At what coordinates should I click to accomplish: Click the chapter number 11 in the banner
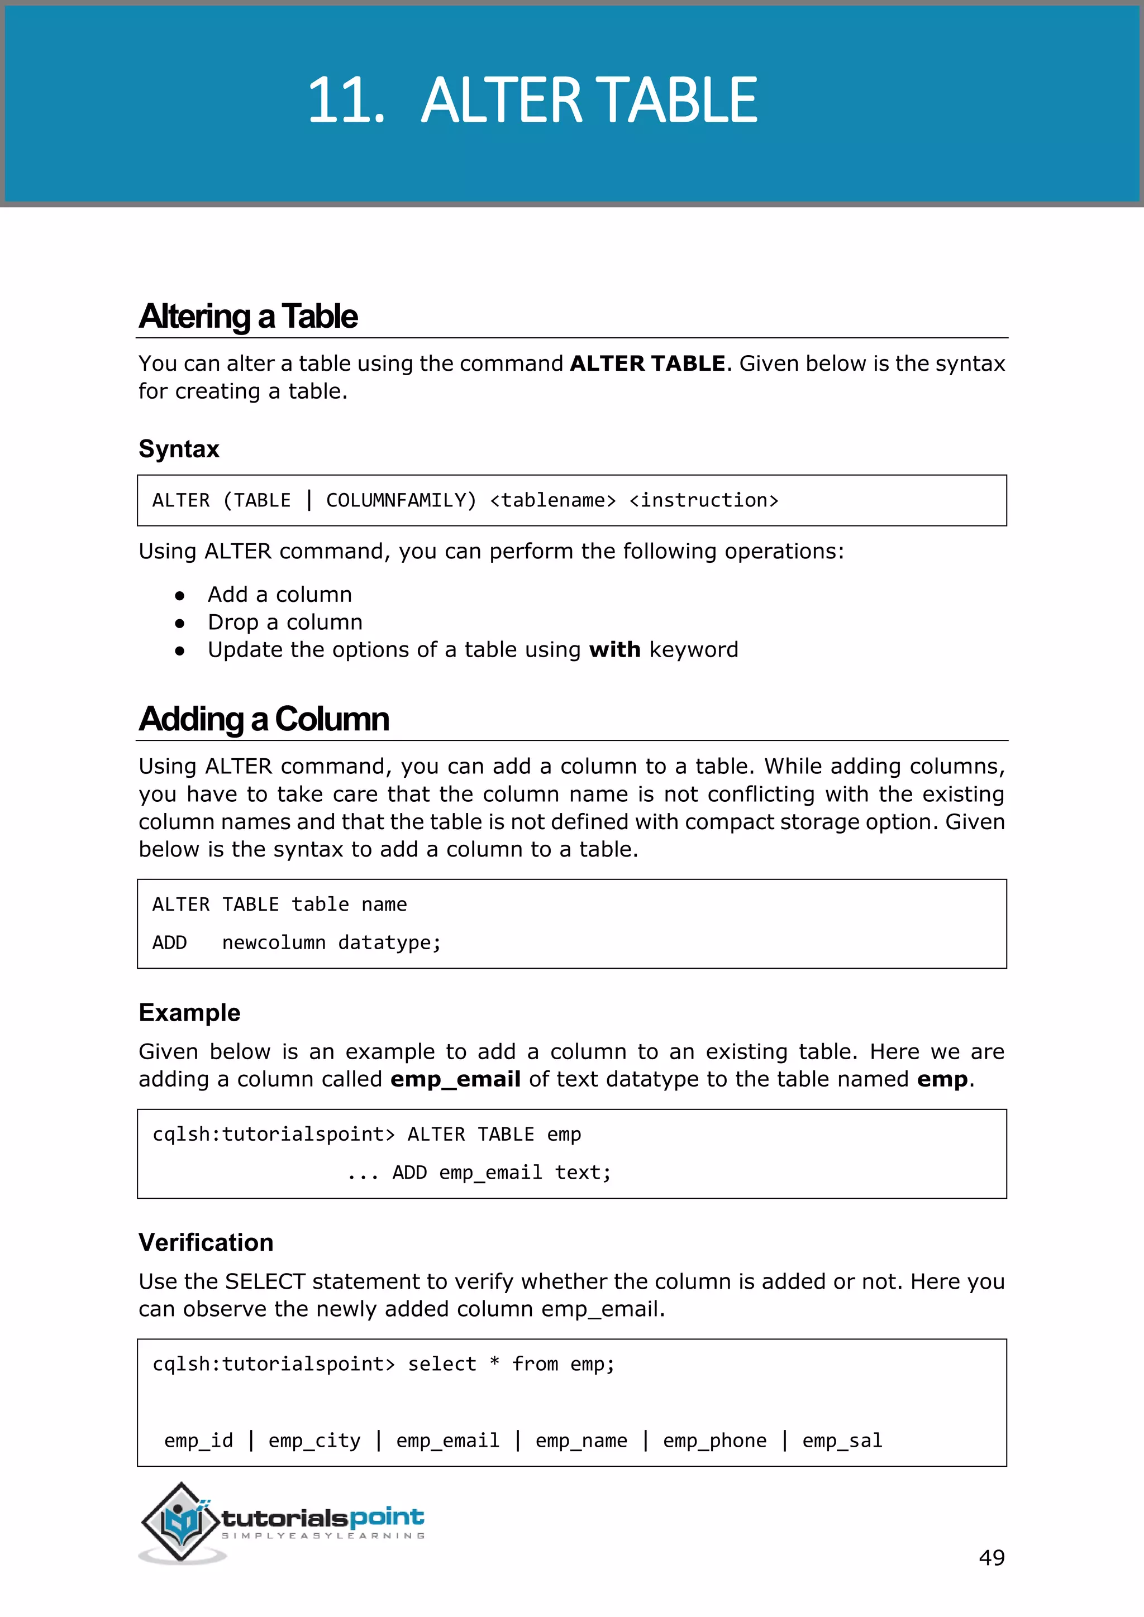pos(345,101)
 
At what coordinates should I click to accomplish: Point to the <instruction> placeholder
pos(704,501)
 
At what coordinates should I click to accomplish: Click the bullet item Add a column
pos(280,595)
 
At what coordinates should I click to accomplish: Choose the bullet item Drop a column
pos(285,623)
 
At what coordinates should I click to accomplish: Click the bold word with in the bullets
pos(614,650)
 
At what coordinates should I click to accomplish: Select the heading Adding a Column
pos(264,719)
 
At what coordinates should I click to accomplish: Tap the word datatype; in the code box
pos(389,943)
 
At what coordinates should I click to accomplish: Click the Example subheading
pos(189,1013)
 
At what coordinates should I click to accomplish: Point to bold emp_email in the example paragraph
pos(455,1080)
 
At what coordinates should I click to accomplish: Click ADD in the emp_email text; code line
pos(409,1173)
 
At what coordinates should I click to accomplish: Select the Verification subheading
pos(206,1243)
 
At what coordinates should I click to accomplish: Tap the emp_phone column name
pos(714,1441)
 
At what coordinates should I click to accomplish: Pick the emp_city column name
pos(314,1441)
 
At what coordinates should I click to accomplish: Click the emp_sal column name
pos(842,1441)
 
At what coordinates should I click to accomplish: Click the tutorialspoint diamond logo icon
pos(182,1523)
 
